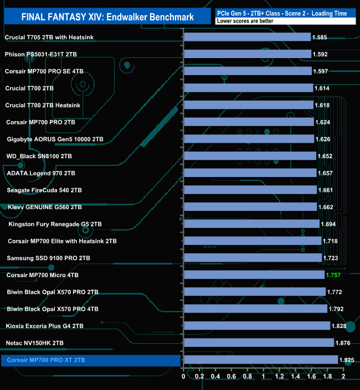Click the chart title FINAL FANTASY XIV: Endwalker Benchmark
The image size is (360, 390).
pos(107,17)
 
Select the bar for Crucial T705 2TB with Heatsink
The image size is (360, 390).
pos(247,37)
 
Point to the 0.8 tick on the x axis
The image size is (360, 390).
pos(248,377)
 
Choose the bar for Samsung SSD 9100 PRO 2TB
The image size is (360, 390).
pos(253,258)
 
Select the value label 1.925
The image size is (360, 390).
pos(347,360)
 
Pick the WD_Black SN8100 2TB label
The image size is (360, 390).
pos(38,156)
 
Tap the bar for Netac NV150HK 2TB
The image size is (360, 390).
pos(259,343)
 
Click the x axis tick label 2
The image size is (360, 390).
pos(343,377)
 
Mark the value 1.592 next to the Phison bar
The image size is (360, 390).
pos(321,54)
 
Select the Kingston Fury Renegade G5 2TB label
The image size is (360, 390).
pos(55,224)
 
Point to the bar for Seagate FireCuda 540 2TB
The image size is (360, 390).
pos(250,190)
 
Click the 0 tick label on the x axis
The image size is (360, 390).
pos(184,377)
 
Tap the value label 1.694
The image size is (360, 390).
pos(329,224)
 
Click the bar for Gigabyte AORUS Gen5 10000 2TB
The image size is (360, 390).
pos(249,139)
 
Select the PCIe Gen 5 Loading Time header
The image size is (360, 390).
pos(286,12)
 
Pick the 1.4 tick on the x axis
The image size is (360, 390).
pos(295,377)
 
